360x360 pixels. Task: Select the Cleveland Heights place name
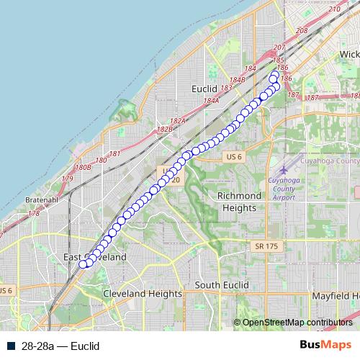coord(143,294)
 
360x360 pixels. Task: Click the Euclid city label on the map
coord(204,88)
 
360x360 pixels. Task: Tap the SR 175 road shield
coord(266,246)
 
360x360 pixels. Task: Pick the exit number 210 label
coord(334,9)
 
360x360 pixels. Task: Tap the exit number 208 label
coord(302,31)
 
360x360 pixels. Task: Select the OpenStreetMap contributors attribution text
coord(297,322)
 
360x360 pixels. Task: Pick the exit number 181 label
coord(114,154)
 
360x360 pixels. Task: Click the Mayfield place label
coord(336,296)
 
